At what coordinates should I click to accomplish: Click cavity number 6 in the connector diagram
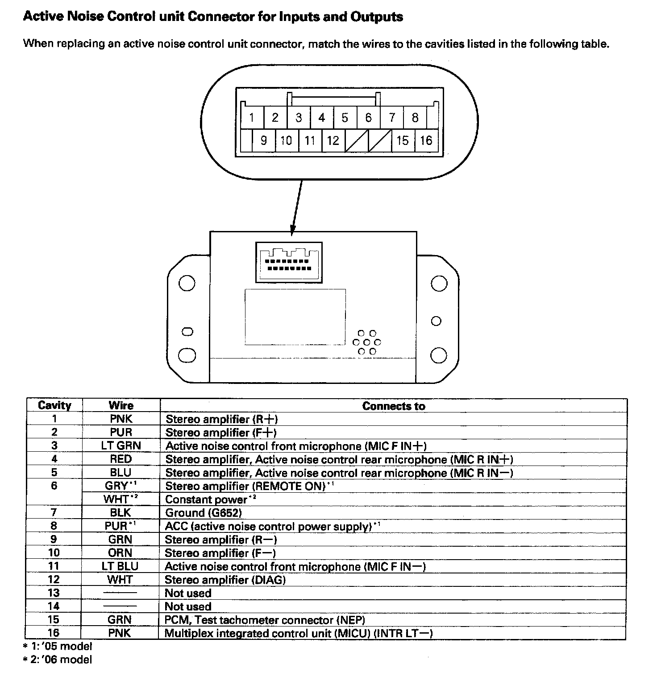coord(368,118)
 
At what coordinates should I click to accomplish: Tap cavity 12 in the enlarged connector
coord(333,141)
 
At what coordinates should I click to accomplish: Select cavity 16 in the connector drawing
coord(426,141)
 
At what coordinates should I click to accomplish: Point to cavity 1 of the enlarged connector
coord(252,118)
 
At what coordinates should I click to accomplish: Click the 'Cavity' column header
coord(54,405)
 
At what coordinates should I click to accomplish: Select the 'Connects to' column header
coord(394,406)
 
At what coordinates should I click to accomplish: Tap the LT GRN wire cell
coord(121,445)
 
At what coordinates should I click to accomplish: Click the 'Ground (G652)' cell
coord(204,513)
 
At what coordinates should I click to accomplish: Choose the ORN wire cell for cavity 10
coord(121,553)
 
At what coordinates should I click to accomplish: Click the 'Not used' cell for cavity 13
coord(188,593)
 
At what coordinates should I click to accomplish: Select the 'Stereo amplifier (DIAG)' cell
coord(225,580)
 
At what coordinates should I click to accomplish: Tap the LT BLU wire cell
coord(121,566)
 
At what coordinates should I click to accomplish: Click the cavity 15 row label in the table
coord(54,619)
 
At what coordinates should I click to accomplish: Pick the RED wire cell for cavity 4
coord(121,459)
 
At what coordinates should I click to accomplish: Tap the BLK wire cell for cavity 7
coord(121,513)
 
